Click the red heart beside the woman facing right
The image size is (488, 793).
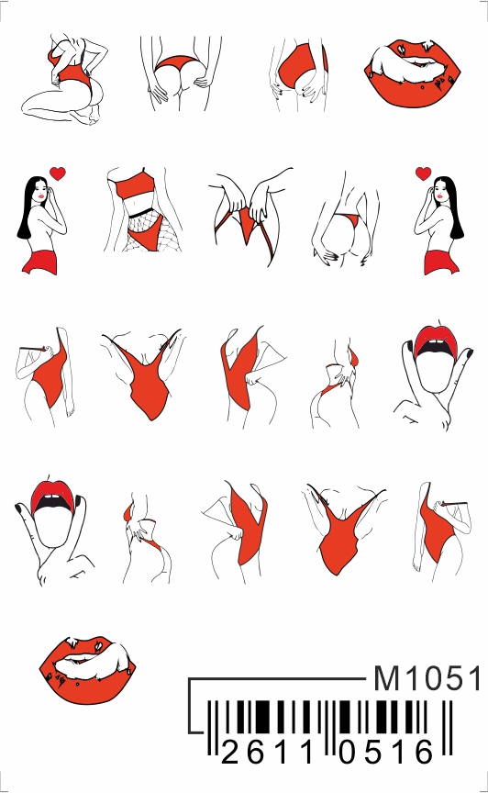pyautogui.click(x=59, y=173)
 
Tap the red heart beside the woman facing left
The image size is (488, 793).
pyautogui.click(x=423, y=173)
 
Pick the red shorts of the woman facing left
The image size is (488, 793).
pyautogui.click(x=441, y=262)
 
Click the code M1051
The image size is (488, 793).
pyautogui.click(x=427, y=678)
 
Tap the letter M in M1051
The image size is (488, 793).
pyautogui.click(x=386, y=678)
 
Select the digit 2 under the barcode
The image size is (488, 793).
pyautogui.click(x=229, y=751)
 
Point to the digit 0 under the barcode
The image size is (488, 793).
pyautogui.click(x=348, y=751)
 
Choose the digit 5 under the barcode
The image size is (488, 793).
pyautogui.click(x=375, y=751)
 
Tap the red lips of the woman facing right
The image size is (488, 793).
pyautogui.click(x=40, y=195)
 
